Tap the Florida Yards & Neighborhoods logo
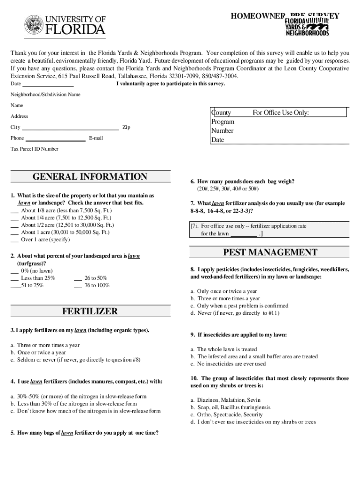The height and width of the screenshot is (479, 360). point(307,27)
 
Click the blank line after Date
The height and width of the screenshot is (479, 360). point(48,85)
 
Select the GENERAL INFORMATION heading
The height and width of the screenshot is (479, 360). point(90,177)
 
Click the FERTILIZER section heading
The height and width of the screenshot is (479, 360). point(90,312)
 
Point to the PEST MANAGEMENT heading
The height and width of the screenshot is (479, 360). point(270,253)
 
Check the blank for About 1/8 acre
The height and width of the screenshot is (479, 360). point(14,211)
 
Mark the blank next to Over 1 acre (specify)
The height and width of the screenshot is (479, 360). point(14,240)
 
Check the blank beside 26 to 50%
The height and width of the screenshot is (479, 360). point(78,278)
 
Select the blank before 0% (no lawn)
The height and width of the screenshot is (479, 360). point(14,271)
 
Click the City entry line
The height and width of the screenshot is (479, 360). point(70,128)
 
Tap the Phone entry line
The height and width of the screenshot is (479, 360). point(55,139)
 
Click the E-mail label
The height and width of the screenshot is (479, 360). point(96,138)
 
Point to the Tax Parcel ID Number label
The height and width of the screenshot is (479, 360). point(35,149)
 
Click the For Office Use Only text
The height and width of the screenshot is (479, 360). point(281,113)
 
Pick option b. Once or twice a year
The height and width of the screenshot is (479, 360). point(38,353)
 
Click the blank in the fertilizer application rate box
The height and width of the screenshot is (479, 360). point(244,234)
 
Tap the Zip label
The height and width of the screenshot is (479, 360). point(126,127)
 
